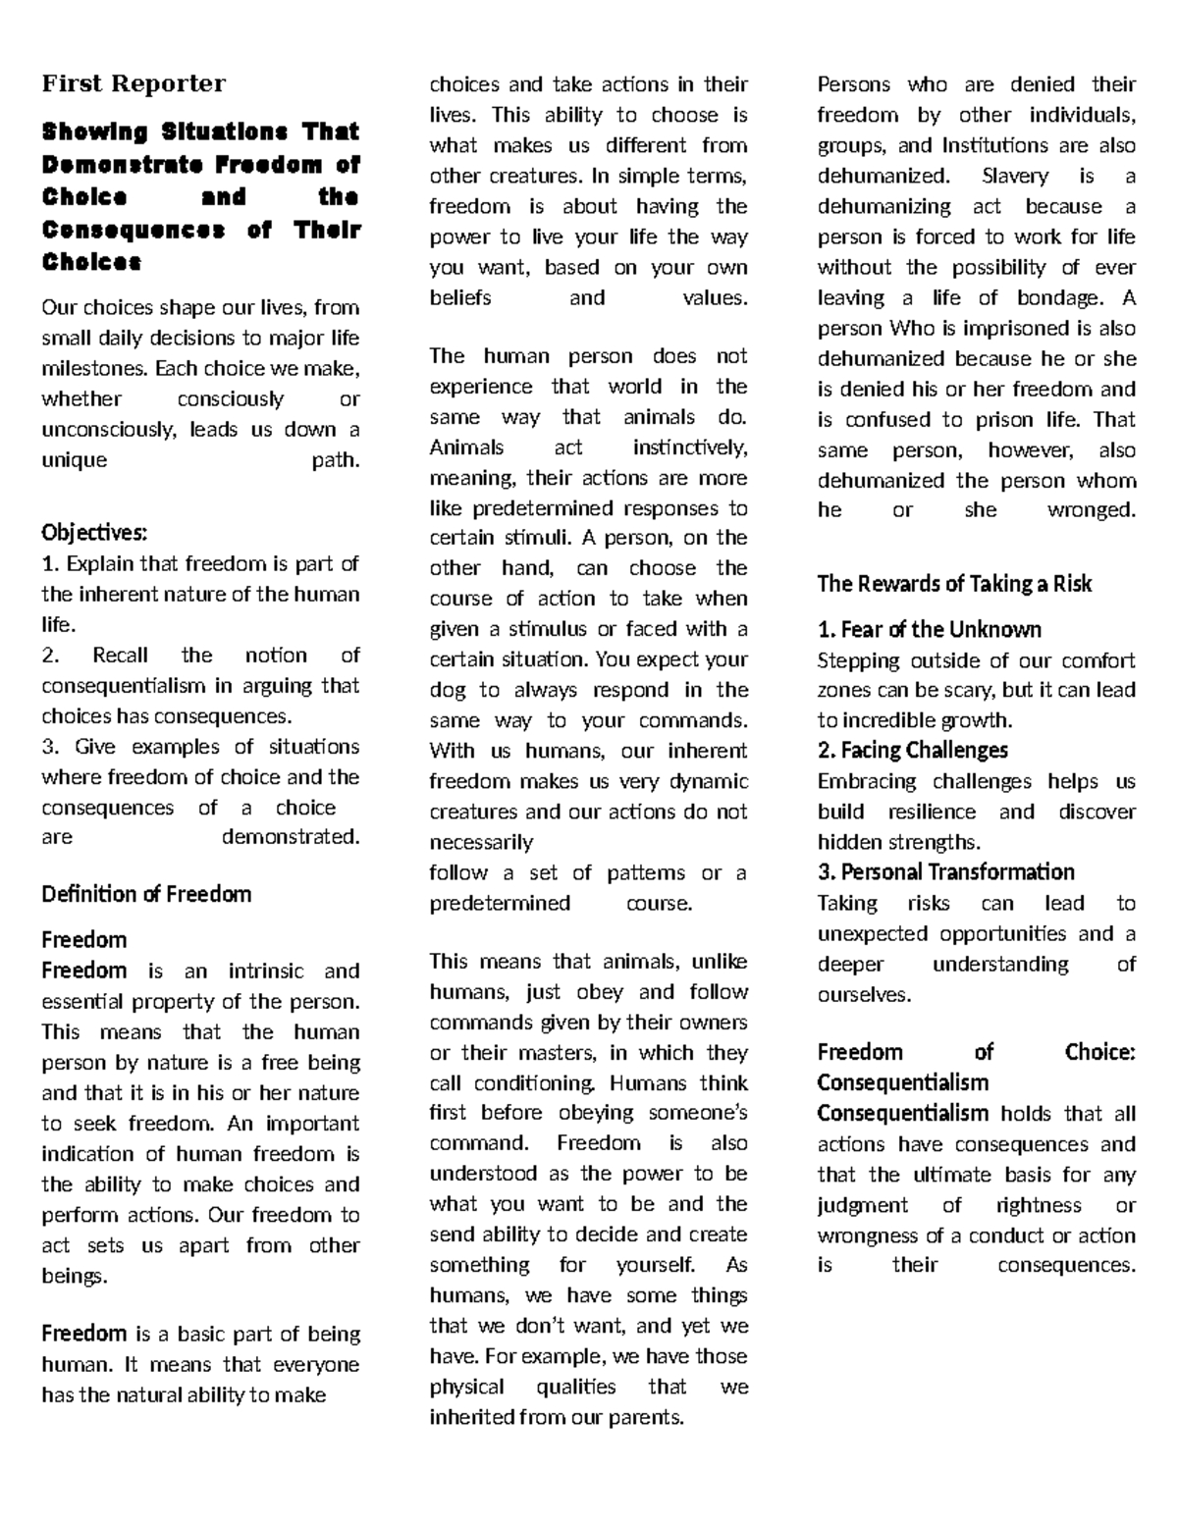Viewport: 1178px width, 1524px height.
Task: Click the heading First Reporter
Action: (x=134, y=83)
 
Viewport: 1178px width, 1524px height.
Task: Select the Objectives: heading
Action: (x=94, y=533)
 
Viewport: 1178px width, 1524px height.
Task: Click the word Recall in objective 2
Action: (x=122, y=656)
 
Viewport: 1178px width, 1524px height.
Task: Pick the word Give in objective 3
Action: (x=94, y=747)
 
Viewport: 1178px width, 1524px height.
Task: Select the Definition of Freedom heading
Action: (x=146, y=894)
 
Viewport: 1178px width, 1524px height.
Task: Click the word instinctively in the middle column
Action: (x=689, y=447)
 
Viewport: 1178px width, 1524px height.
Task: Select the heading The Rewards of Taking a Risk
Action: (x=954, y=584)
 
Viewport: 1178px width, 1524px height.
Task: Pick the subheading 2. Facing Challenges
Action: (x=912, y=751)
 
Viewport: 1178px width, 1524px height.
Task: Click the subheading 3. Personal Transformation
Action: (x=945, y=872)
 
